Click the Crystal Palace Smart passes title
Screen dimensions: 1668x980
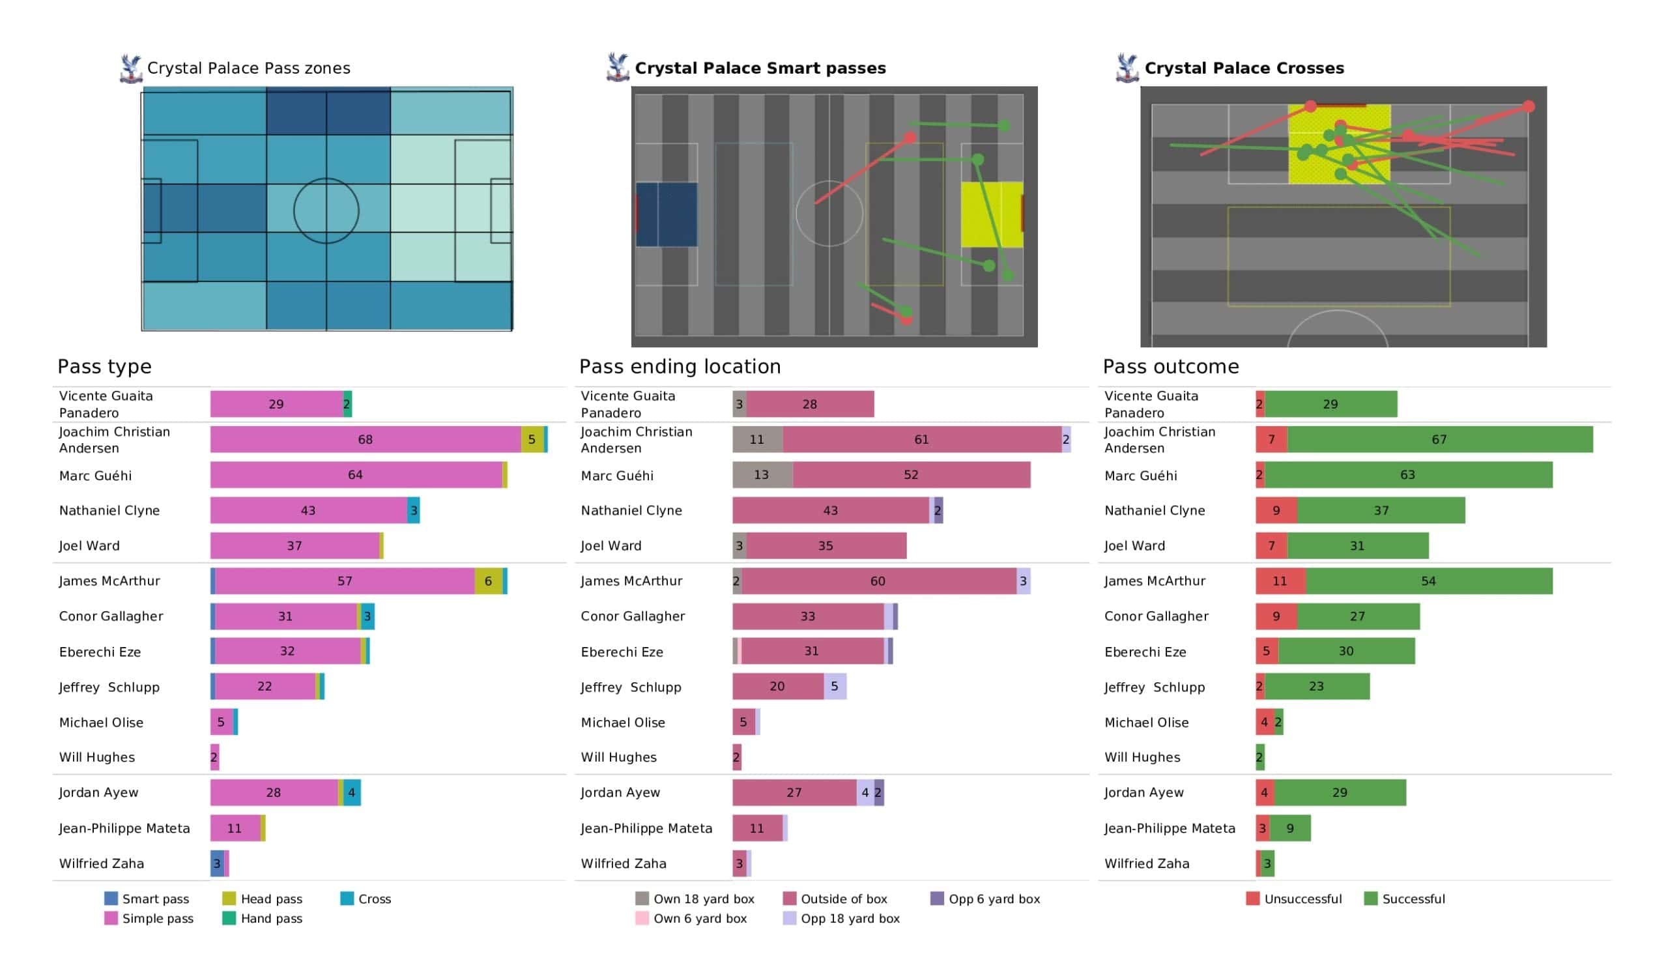[760, 68]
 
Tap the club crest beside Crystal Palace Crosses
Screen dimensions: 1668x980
[1127, 68]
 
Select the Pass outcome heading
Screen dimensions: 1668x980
[1170, 366]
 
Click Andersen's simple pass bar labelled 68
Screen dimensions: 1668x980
[366, 439]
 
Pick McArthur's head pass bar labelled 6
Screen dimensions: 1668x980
[489, 581]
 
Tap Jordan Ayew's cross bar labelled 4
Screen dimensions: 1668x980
[351, 792]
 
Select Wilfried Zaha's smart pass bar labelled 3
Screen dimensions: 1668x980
[217, 863]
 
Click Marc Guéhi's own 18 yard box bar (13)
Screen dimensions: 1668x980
[762, 475]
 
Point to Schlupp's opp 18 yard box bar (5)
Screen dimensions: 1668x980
[835, 686]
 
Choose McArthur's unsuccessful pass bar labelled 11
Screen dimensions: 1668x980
[1281, 581]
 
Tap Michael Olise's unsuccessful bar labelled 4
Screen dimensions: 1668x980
[1265, 722]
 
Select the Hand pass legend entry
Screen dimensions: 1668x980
[263, 918]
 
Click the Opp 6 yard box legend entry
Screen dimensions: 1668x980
[985, 899]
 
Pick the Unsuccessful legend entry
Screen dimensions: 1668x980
[1294, 899]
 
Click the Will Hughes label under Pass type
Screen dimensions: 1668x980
[96, 757]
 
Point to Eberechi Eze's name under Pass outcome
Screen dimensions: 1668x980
[1145, 652]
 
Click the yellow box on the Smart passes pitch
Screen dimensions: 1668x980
[992, 214]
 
